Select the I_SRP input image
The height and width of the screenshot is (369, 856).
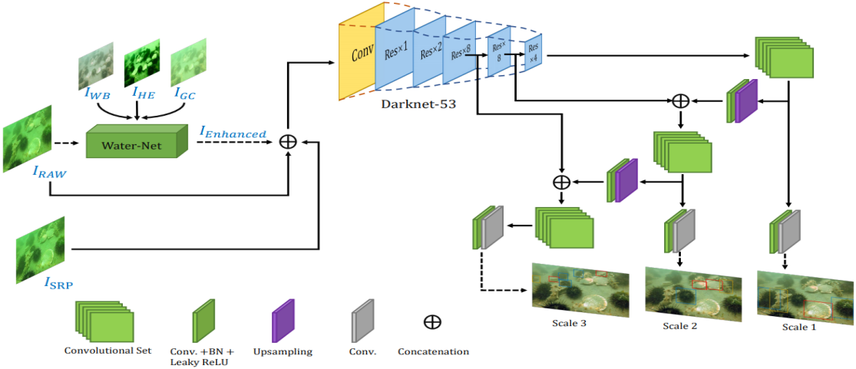click(x=41, y=250)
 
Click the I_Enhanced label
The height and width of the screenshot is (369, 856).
click(x=233, y=133)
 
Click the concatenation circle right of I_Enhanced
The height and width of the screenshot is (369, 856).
click(x=288, y=142)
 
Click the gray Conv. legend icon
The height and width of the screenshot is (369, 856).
click(x=362, y=318)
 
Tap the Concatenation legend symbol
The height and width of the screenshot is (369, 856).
click(x=432, y=321)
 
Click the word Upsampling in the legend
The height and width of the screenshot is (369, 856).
click(x=283, y=351)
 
